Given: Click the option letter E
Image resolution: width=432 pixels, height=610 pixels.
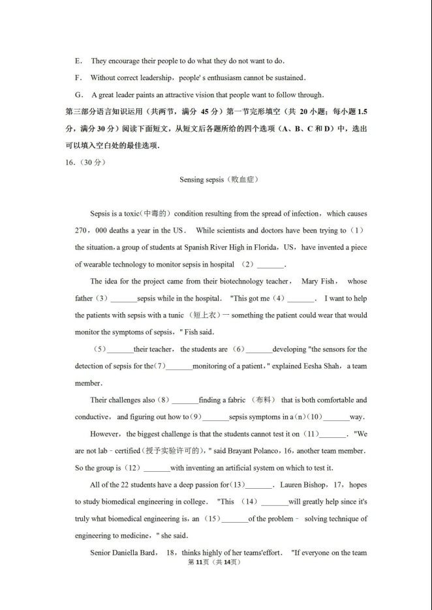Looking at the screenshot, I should click(78, 61).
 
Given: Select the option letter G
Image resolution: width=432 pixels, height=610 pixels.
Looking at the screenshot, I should click(79, 95).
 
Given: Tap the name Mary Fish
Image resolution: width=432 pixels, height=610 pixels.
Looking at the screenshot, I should click(318, 282).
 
